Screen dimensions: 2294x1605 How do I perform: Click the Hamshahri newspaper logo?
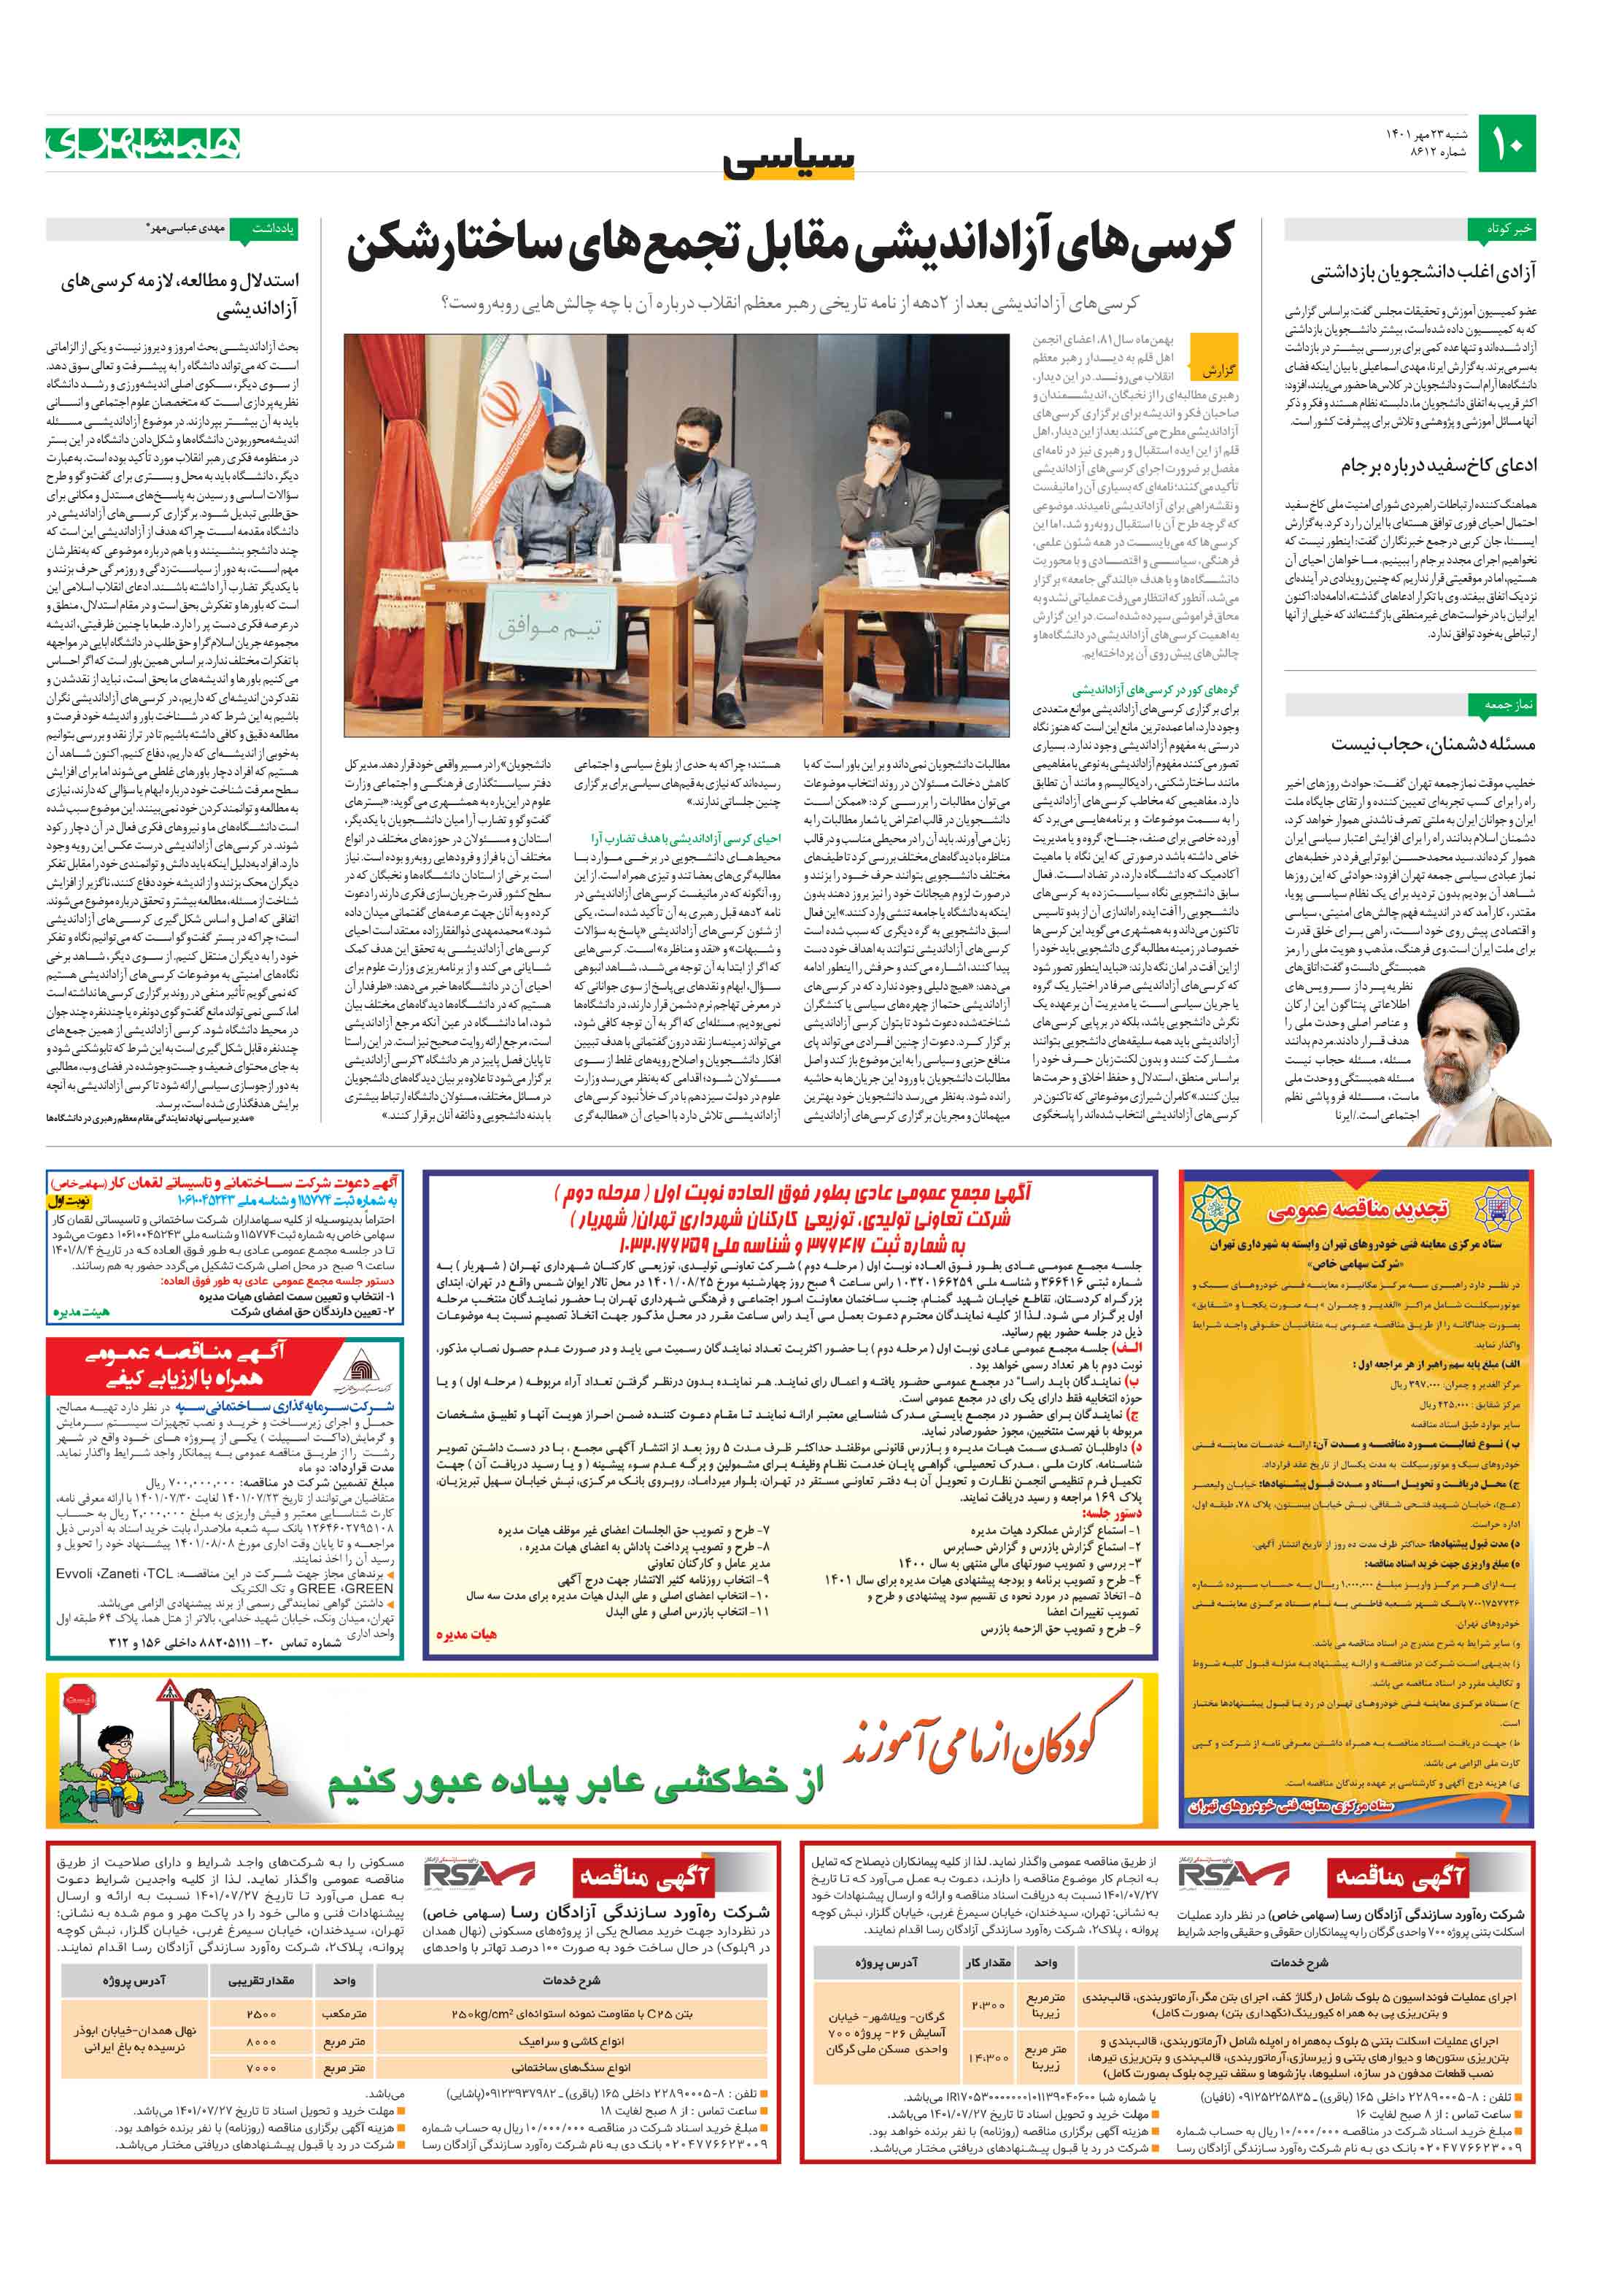(143, 144)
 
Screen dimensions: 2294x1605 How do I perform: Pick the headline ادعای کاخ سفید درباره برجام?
(1438, 466)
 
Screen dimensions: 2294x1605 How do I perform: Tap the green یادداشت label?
(273, 228)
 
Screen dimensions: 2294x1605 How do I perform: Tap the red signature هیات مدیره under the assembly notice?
(465, 1633)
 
